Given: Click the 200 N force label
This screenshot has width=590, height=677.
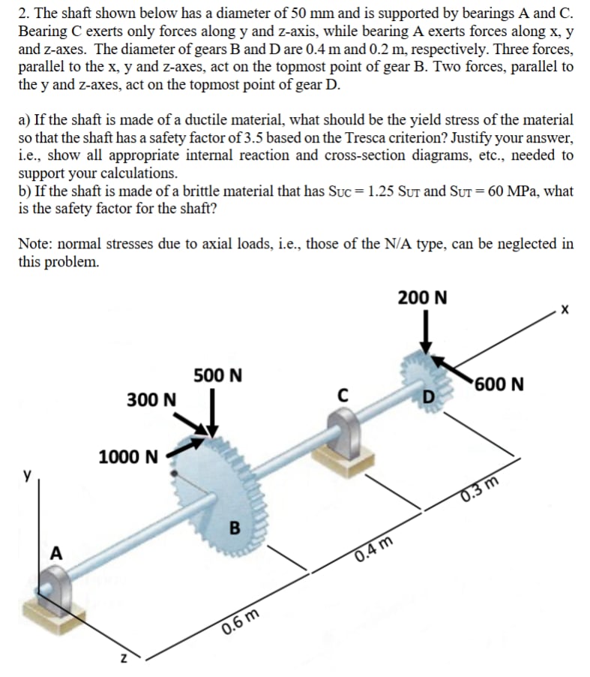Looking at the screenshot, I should (x=423, y=297).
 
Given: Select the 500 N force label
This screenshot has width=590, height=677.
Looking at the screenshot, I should (x=217, y=375).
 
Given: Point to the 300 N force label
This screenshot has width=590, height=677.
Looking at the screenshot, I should (x=151, y=399).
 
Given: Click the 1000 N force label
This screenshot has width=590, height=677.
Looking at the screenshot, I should (x=128, y=456).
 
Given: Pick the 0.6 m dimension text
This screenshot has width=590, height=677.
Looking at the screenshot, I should (x=241, y=622).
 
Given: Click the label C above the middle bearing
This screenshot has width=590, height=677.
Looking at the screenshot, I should (x=344, y=393).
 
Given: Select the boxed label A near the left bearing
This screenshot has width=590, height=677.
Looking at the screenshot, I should (x=55, y=553).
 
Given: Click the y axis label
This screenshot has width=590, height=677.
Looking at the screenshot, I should (x=28, y=475).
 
